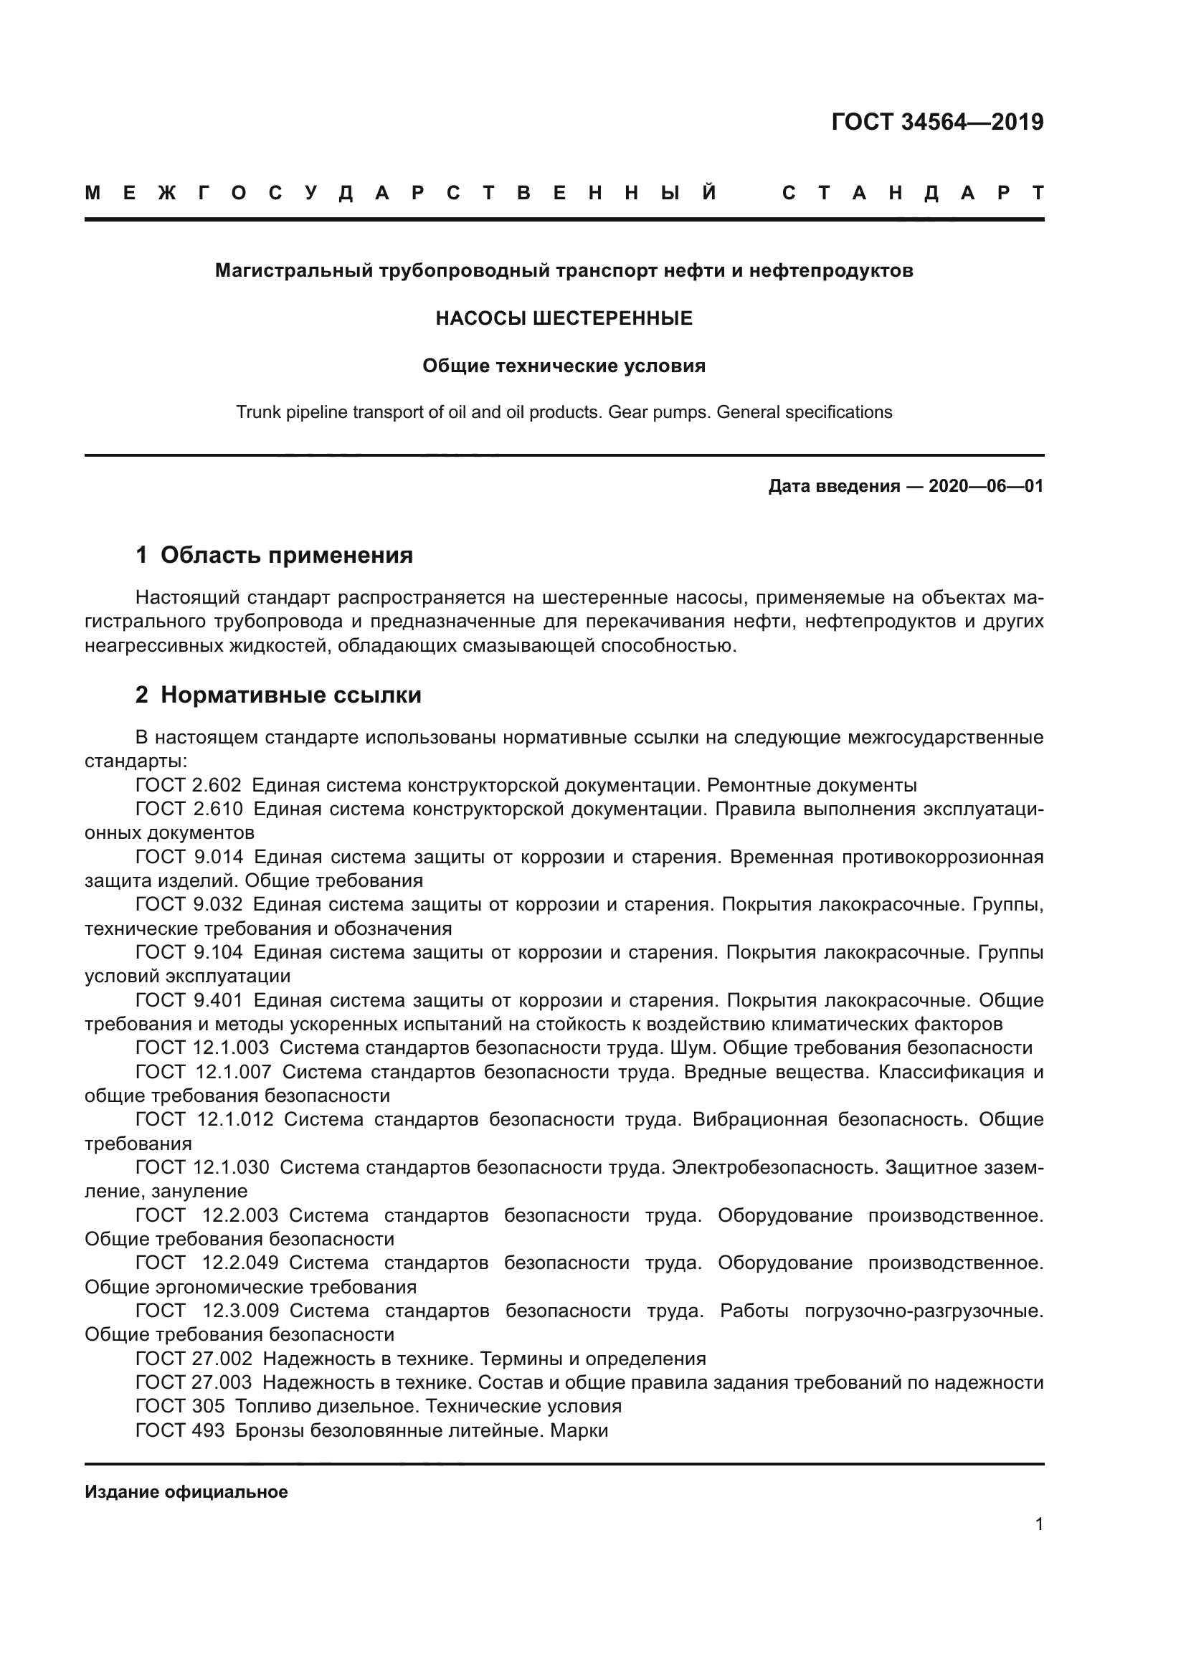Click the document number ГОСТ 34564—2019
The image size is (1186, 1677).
point(937,122)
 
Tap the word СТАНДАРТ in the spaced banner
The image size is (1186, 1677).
point(912,194)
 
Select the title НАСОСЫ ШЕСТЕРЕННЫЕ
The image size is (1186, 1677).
point(564,318)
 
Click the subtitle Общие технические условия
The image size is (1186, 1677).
point(564,366)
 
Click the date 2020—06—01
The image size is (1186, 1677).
point(985,486)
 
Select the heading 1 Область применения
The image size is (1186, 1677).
point(274,555)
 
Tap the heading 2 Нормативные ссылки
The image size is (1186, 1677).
point(278,695)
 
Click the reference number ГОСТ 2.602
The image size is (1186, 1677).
point(189,786)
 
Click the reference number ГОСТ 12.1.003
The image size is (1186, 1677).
point(202,1048)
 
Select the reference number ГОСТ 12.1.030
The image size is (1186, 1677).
point(202,1167)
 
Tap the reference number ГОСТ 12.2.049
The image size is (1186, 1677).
point(207,1263)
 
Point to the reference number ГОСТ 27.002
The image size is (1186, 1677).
point(194,1359)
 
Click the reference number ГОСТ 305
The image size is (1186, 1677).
point(181,1406)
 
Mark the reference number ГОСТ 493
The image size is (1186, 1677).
point(181,1430)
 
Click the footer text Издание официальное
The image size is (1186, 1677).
point(186,1492)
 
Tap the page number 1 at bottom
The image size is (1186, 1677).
point(1038,1524)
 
